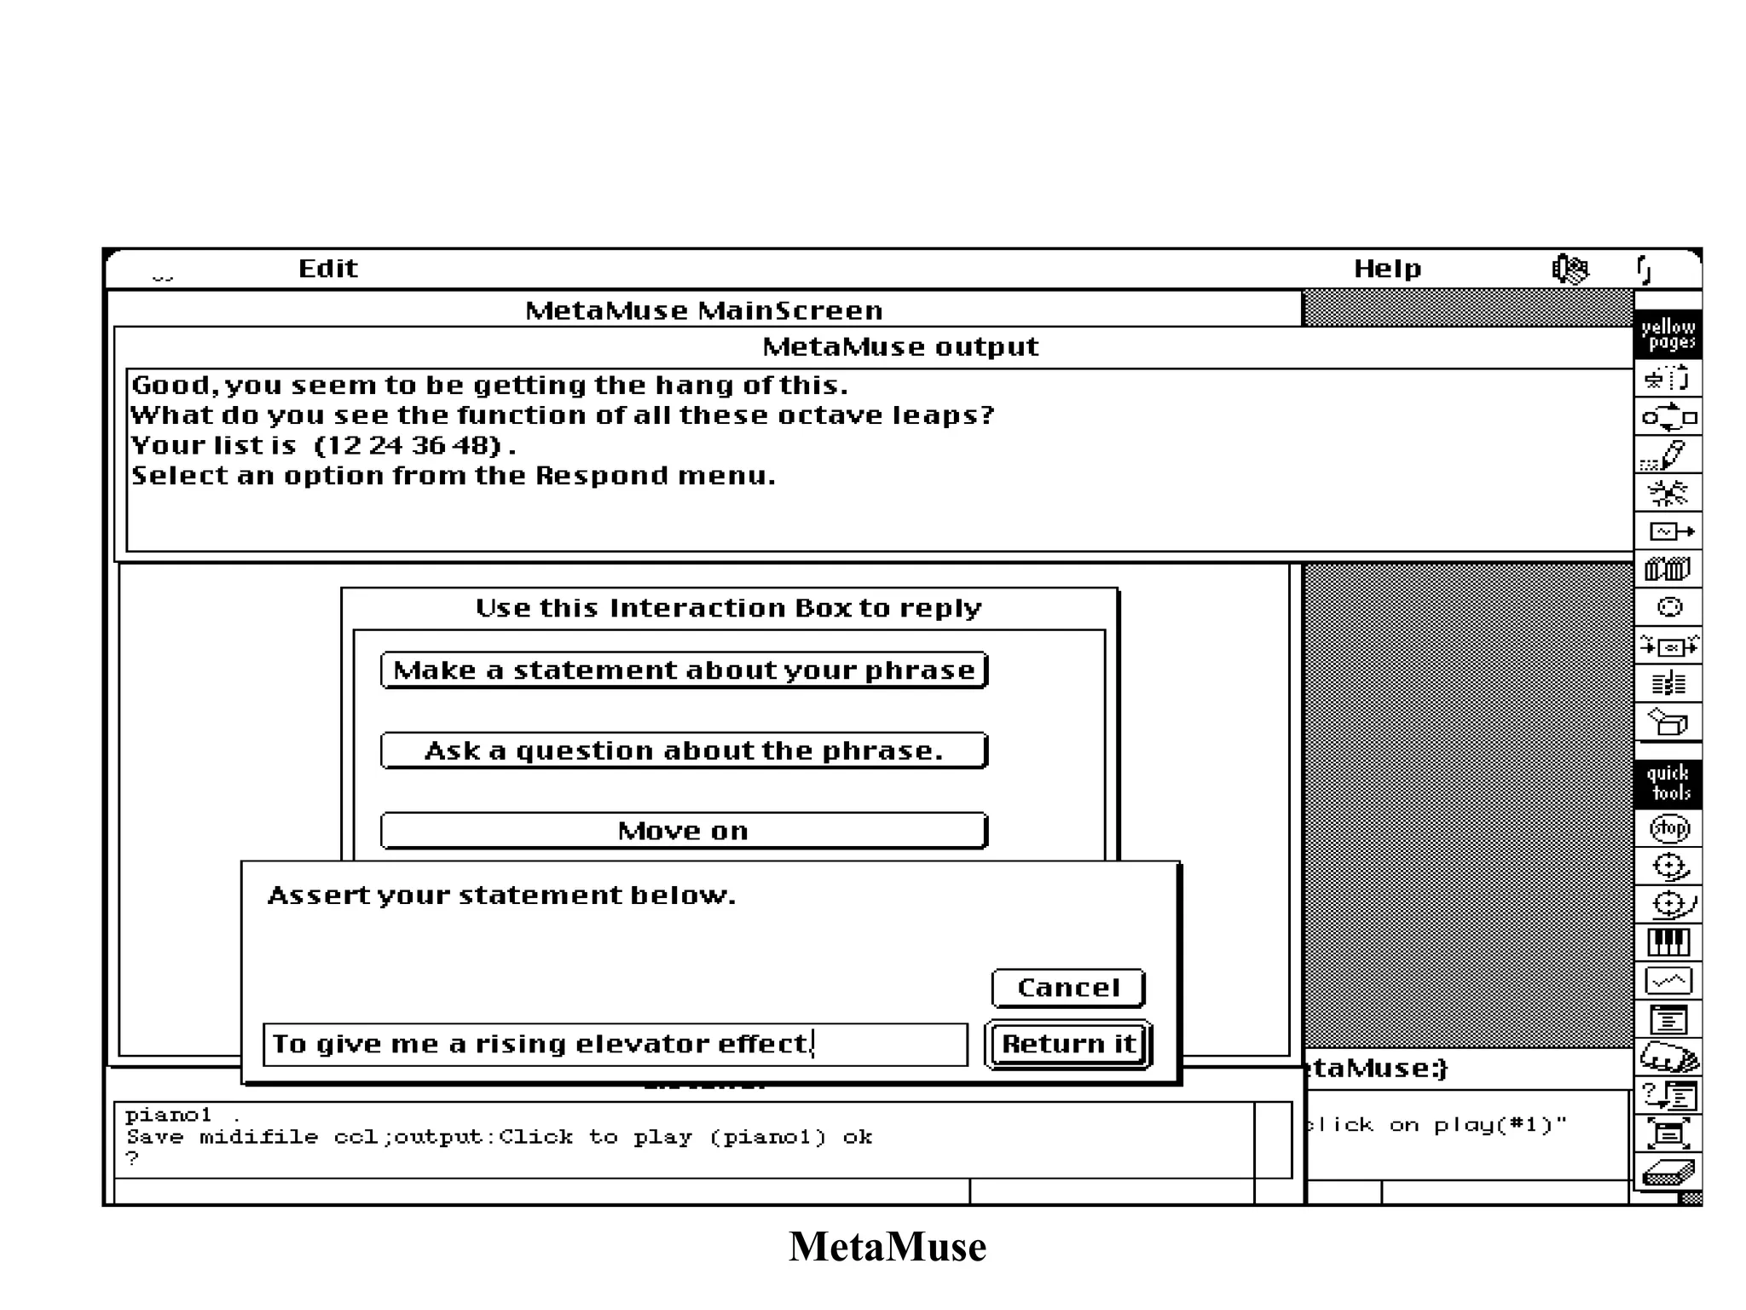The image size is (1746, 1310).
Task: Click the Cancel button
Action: [1067, 988]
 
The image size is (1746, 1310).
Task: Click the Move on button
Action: [684, 831]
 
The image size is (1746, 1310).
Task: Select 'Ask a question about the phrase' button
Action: [684, 751]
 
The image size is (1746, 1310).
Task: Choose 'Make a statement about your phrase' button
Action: [684, 670]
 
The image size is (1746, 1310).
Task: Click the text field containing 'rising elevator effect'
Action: [615, 1044]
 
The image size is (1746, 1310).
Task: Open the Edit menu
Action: [327, 269]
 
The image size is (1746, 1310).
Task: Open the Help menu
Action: [1387, 269]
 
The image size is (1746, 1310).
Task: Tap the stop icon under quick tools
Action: [1668, 828]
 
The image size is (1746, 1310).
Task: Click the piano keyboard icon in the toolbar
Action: [1668, 942]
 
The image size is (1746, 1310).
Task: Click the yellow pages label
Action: [1668, 334]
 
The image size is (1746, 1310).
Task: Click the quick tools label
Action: [1668, 783]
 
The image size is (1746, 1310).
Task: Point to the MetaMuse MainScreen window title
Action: [703, 310]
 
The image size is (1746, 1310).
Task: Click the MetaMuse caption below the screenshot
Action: [887, 1247]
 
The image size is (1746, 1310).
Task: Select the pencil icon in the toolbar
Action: [1668, 455]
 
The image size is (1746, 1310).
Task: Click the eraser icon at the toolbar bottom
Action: [1668, 1174]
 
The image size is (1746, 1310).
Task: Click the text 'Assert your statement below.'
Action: [501, 896]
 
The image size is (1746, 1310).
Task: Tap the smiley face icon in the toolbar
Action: [1669, 607]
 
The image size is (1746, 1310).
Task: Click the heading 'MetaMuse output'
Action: [900, 347]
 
